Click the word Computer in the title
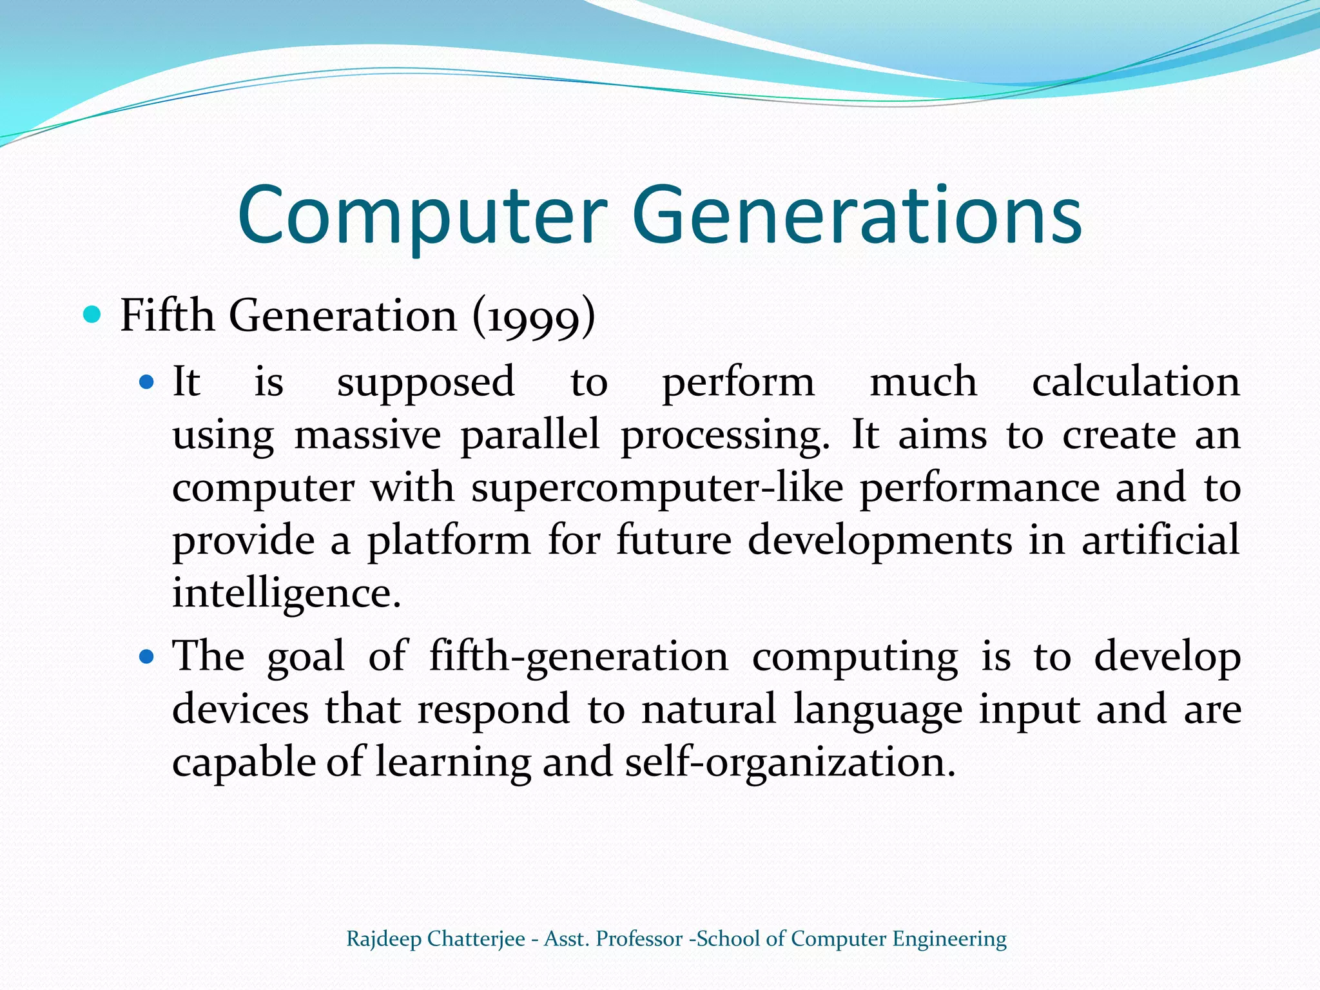coord(422,215)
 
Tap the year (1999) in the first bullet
coord(534,316)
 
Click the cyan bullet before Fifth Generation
coord(93,315)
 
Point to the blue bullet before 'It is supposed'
coord(148,382)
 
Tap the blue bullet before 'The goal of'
coord(148,657)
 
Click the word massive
coord(367,435)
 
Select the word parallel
coord(530,435)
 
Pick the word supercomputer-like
coord(657,488)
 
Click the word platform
coord(449,541)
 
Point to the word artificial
coord(1160,539)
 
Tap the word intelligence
coord(286,594)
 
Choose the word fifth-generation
coord(579,658)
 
